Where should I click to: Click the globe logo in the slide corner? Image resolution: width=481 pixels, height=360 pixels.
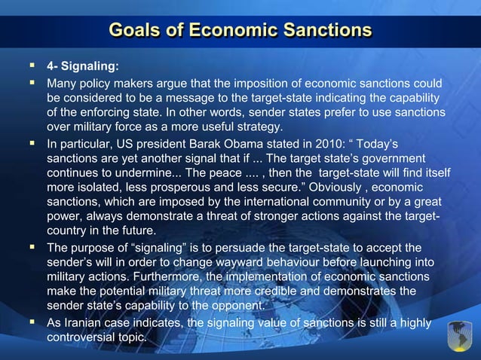coord(458,336)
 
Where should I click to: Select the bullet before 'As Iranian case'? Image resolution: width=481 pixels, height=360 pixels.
coord(32,322)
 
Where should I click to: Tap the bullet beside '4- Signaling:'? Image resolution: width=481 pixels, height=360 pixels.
coord(32,66)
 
